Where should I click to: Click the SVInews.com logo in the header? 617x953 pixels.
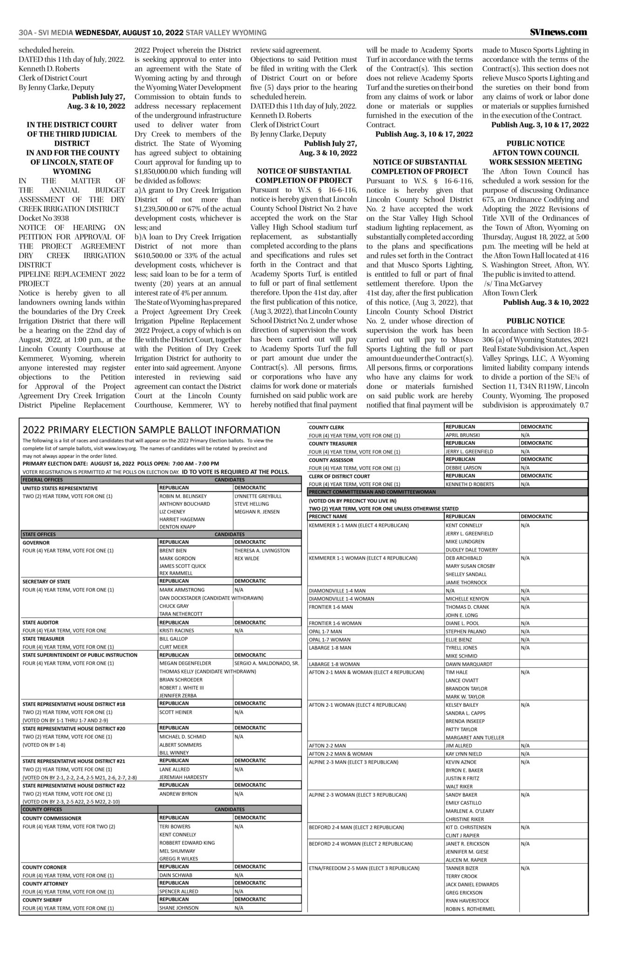click(558, 32)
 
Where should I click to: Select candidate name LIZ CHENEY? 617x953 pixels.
click(172, 511)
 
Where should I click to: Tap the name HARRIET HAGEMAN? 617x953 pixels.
click(182, 519)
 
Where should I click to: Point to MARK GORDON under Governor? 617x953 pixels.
click(177, 558)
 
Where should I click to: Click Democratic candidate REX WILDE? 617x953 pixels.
click(247, 558)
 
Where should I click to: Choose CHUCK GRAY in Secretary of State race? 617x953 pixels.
click(174, 606)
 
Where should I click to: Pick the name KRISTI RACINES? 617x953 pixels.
click(177, 631)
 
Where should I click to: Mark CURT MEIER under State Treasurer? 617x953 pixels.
click(173, 647)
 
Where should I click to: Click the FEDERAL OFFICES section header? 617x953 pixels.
click(43, 479)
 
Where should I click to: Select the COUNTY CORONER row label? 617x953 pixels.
click(45, 867)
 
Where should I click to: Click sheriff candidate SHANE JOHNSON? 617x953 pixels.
click(179, 907)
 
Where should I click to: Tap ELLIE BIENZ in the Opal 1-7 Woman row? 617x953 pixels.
click(459, 639)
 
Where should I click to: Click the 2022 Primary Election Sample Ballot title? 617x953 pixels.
click(151, 430)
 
